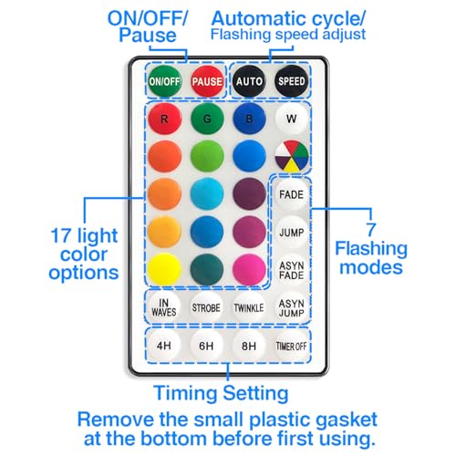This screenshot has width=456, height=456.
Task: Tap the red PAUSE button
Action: point(207,81)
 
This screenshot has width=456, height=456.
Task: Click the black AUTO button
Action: point(249,81)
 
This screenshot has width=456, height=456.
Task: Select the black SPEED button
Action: point(292,81)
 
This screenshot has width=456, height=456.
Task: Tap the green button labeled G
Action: point(207,119)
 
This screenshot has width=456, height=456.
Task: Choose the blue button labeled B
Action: point(249,119)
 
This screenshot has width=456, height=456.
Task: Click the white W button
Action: point(292,119)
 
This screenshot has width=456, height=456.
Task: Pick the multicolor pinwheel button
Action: point(292,156)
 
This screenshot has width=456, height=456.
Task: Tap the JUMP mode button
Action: point(292,233)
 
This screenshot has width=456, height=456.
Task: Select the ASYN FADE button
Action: point(292,270)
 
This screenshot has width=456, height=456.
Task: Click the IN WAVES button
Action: point(164,307)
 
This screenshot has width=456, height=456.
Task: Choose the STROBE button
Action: point(206,307)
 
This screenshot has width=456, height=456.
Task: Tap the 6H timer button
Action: point(206,346)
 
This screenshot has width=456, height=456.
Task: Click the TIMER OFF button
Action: point(291,346)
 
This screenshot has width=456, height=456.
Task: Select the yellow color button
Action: point(165,270)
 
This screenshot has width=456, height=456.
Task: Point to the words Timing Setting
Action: point(221,393)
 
